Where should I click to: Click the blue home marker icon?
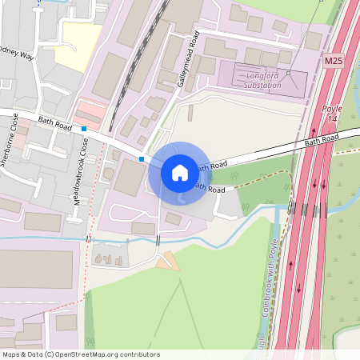180,172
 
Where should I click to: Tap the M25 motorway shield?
334,61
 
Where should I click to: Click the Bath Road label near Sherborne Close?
55,123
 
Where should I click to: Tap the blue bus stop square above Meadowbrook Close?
83,129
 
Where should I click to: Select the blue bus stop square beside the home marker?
142,159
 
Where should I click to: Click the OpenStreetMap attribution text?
81,354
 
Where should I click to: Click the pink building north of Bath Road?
90,111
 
